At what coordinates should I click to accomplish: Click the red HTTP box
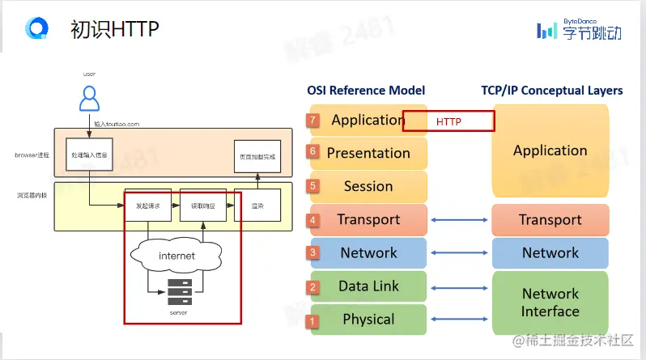(x=448, y=121)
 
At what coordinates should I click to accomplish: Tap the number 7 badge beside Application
(x=313, y=121)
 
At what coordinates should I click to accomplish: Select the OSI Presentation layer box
(x=368, y=153)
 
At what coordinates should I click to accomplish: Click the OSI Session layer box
(x=368, y=186)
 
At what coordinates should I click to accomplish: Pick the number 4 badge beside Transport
(x=313, y=220)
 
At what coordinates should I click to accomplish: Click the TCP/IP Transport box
(x=550, y=220)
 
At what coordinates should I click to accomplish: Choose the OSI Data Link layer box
(x=368, y=286)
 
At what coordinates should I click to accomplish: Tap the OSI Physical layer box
(x=368, y=320)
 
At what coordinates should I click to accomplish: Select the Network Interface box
(x=550, y=303)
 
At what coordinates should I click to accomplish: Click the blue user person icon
(x=89, y=99)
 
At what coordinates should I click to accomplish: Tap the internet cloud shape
(x=176, y=256)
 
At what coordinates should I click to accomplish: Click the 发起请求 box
(x=147, y=205)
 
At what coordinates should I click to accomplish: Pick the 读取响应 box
(x=202, y=205)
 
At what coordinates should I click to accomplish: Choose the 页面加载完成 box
(x=257, y=156)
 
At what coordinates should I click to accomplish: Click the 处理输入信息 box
(x=89, y=154)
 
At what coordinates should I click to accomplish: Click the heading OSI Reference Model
(x=366, y=91)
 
